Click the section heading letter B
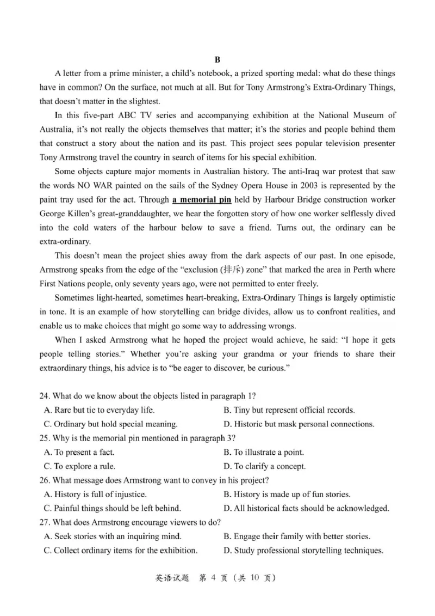pyautogui.click(x=217, y=59)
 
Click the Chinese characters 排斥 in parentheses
pyautogui.click(x=223, y=270)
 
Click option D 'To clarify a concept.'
pyautogui.click(x=264, y=466)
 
